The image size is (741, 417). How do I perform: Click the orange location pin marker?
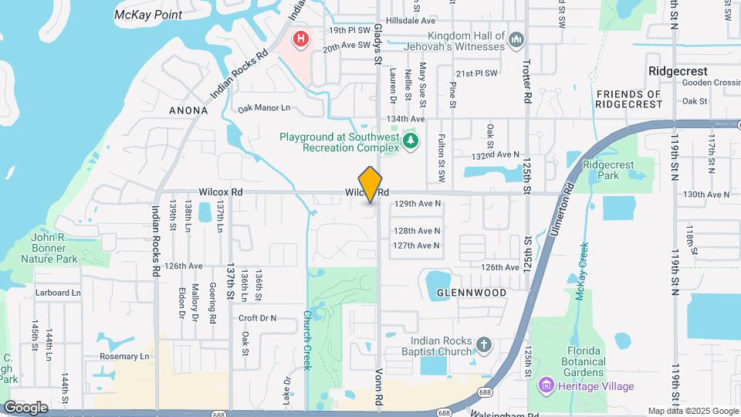point(370,185)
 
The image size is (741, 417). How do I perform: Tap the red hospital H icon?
point(300,38)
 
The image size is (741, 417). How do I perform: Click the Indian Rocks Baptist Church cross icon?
point(483,344)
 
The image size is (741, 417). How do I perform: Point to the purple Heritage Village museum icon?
point(546,385)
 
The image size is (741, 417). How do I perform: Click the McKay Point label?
point(148,15)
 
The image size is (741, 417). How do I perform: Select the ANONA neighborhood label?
point(188,110)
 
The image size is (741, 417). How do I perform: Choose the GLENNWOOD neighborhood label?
point(472,293)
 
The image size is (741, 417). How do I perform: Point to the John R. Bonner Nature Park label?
point(54,248)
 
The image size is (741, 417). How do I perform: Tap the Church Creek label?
point(306,340)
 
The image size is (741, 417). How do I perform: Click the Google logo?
point(25,407)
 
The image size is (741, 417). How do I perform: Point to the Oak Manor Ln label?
point(264,108)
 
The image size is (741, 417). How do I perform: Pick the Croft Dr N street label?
point(257,318)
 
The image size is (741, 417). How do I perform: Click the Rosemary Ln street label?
point(123,357)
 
